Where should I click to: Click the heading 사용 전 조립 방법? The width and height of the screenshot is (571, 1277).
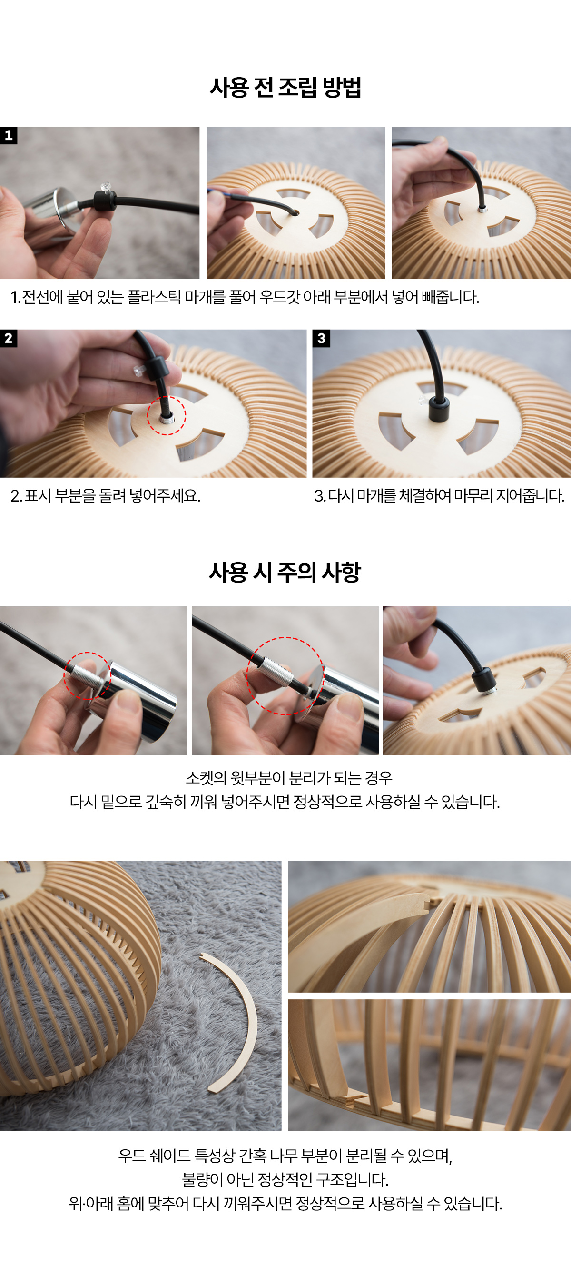[285, 88]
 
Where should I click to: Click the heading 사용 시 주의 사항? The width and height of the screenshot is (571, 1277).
[285, 573]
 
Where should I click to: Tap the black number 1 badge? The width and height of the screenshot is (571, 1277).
[9, 135]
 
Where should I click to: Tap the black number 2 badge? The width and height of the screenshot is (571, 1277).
[9, 339]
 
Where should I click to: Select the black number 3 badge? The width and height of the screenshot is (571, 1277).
[321, 339]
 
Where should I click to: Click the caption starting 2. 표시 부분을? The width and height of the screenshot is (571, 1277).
[106, 496]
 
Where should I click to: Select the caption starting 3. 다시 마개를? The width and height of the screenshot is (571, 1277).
[439, 496]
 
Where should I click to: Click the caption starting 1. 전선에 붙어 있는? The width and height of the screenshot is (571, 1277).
[245, 297]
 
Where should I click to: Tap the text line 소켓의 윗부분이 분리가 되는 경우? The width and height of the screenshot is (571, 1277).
[289, 778]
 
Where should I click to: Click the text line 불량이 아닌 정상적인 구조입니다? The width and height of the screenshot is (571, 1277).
[285, 1179]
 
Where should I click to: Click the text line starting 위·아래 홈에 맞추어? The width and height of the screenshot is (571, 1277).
[285, 1203]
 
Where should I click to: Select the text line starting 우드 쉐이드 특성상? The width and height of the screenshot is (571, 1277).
[285, 1156]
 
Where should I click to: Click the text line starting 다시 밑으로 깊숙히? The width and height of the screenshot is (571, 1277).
[285, 802]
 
